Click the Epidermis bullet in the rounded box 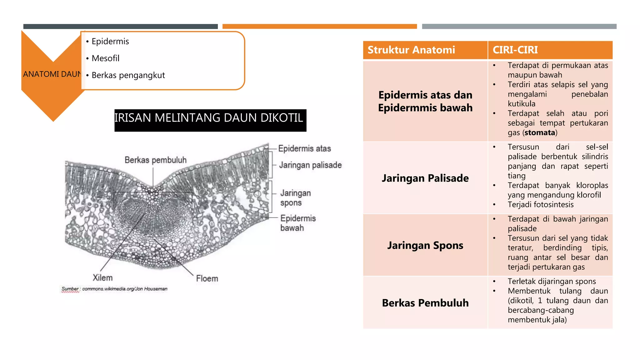point(110,42)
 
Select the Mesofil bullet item point(105,58)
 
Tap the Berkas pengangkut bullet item point(128,75)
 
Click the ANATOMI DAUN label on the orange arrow point(52,74)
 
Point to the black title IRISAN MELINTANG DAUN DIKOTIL point(210,118)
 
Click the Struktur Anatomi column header point(411,50)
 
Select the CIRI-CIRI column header point(515,50)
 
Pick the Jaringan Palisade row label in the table point(425,178)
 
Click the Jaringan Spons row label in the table point(425,245)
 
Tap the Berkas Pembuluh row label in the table point(425,303)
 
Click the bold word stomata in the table point(540,132)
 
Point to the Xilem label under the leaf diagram point(102,278)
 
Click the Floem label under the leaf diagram point(207,278)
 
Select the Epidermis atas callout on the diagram point(304,148)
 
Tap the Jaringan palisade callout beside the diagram point(310,165)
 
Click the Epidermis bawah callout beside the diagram point(298,223)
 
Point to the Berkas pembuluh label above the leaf point(155,160)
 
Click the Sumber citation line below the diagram point(114,289)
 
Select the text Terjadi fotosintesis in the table point(540,205)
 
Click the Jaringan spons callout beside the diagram point(295,198)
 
